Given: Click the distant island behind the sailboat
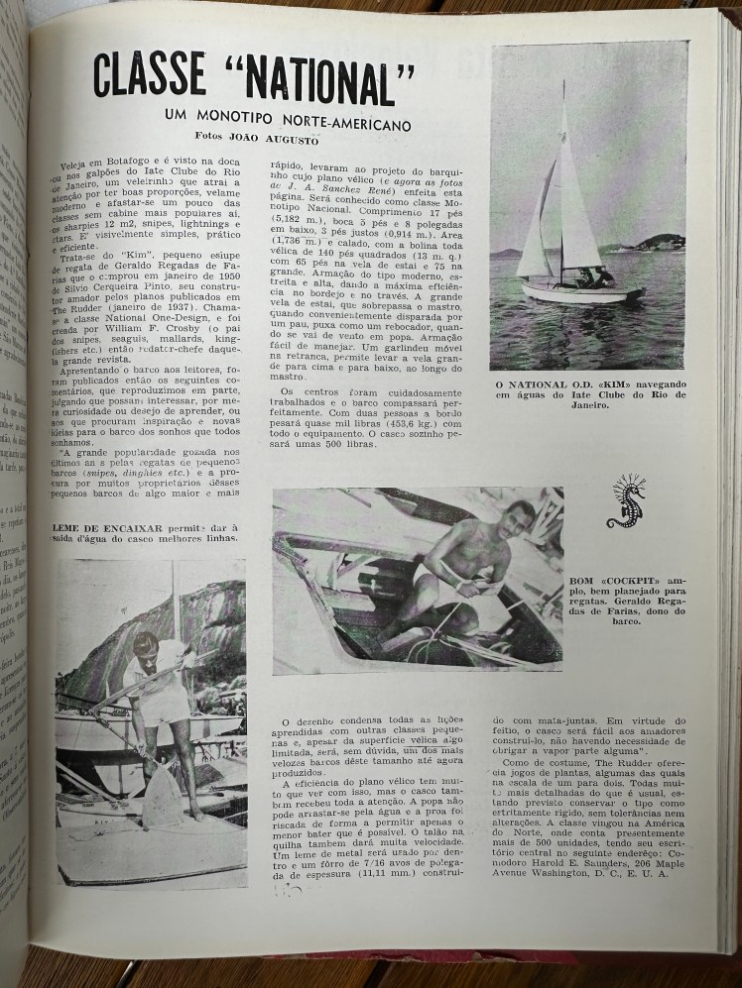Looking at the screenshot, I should tap(659, 241).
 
